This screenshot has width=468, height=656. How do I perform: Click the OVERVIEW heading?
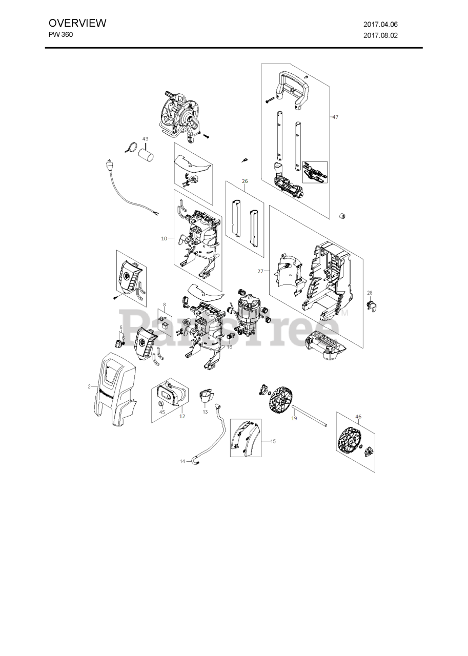[77, 23]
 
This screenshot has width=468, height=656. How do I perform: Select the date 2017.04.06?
[380, 24]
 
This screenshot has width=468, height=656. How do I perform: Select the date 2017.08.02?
[380, 36]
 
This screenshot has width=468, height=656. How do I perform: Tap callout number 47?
[335, 117]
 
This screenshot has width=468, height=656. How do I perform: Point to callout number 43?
[145, 139]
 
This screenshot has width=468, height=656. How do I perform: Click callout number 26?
[245, 181]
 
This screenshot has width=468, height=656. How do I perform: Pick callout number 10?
[164, 238]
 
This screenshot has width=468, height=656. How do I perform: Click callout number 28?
[370, 293]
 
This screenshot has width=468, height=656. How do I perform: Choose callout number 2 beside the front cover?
[89, 386]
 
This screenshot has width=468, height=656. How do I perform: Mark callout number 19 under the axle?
[294, 419]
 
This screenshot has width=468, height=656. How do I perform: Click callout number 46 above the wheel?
[358, 417]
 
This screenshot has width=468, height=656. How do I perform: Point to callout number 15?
[273, 441]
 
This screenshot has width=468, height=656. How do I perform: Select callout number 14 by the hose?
[182, 461]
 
